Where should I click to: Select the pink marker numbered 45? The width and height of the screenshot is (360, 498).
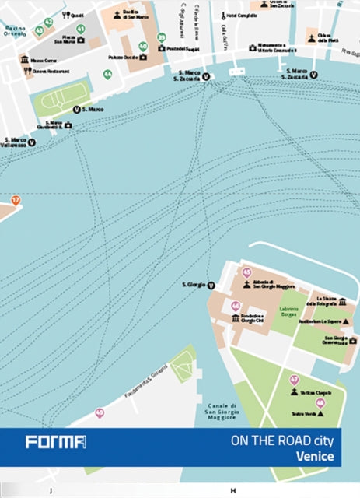(x=246, y=272)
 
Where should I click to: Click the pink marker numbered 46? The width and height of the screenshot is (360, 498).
(x=236, y=307)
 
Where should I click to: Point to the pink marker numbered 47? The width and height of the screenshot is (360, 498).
(x=294, y=381)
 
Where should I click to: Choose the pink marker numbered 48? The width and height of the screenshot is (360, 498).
(x=320, y=402)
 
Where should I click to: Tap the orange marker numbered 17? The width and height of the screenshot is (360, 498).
(x=14, y=200)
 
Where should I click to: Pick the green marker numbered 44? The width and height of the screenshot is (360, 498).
(x=107, y=75)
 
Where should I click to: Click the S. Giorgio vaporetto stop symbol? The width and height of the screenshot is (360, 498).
(x=211, y=286)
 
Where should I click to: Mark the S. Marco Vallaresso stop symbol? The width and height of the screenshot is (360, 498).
(x=32, y=142)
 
